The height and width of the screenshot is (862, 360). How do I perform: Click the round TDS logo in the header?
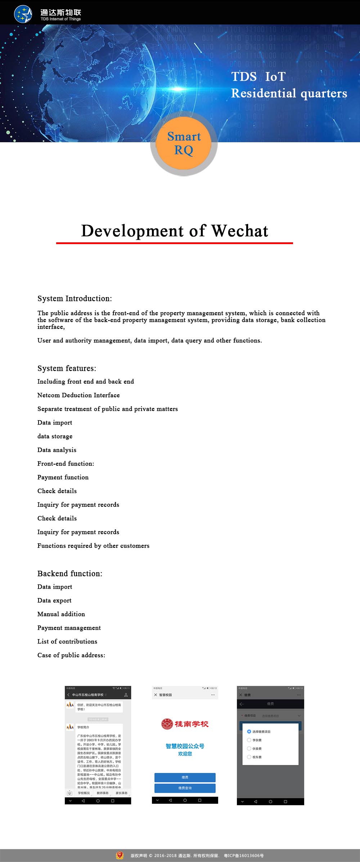(x=23, y=14)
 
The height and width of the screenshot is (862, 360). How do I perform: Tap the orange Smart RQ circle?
(x=184, y=143)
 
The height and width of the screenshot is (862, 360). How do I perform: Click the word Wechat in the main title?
(x=240, y=231)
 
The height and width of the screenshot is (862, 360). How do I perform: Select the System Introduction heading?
(x=75, y=298)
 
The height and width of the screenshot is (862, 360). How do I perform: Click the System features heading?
(x=67, y=368)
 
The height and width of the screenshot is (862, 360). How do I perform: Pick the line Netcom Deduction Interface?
(x=78, y=395)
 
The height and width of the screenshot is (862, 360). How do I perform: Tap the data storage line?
(x=55, y=436)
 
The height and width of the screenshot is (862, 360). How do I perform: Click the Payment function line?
(x=63, y=477)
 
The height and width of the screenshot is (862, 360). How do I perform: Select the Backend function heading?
(x=69, y=574)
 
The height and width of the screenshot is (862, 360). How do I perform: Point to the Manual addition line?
(x=61, y=614)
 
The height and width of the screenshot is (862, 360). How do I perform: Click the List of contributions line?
(x=67, y=641)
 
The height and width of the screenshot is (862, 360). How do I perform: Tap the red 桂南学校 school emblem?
(x=167, y=724)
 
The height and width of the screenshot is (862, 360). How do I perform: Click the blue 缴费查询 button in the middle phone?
(x=185, y=788)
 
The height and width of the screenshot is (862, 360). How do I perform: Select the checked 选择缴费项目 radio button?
(x=249, y=731)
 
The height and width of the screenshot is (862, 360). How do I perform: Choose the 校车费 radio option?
(x=249, y=757)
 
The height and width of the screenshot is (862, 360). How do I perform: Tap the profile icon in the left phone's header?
(x=126, y=695)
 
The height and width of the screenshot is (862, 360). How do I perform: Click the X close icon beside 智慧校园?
(x=156, y=695)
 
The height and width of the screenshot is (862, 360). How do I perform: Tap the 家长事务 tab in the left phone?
(x=121, y=793)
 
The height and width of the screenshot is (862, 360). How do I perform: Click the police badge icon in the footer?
(x=120, y=855)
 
